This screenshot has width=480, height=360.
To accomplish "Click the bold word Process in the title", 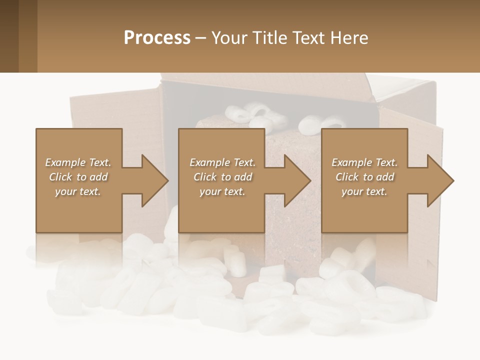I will click(x=157, y=38).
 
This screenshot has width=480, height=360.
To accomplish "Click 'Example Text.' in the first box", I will click(x=78, y=162).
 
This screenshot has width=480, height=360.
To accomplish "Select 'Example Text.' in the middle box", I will click(x=222, y=162).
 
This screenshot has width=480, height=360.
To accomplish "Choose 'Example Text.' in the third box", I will click(x=364, y=162).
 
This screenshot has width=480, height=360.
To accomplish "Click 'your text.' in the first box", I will click(x=78, y=191).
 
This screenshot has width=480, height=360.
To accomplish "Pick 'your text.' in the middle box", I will click(x=222, y=191).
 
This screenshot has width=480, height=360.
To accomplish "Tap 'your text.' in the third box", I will click(x=364, y=191).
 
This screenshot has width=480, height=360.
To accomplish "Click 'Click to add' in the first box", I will click(x=78, y=177).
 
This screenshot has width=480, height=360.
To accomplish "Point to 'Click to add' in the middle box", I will click(x=222, y=177).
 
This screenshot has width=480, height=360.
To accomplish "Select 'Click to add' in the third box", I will click(x=364, y=177).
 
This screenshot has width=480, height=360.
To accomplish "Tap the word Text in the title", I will click(x=308, y=38).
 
